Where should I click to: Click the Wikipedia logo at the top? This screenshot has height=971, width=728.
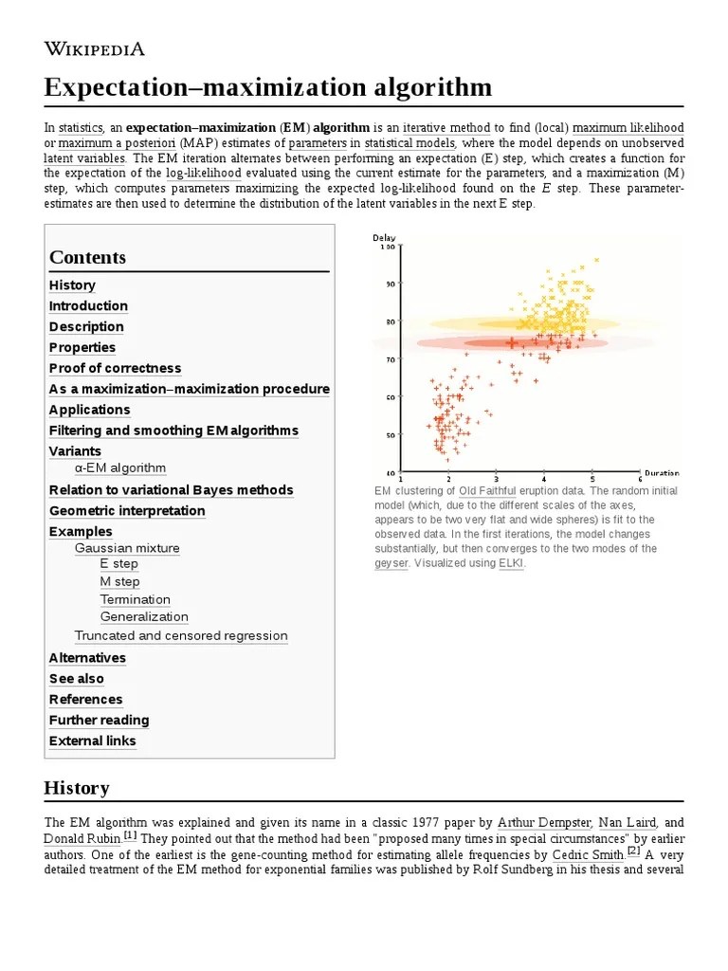pyautogui.click(x=95, y=49)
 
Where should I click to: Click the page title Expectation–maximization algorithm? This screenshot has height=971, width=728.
pyautogui.click(x=268, y=88)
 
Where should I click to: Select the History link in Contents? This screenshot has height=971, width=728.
pyautogui.click(x=72, y=285)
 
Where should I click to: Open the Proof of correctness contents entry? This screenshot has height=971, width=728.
pyautogui.click(x=115, y=368)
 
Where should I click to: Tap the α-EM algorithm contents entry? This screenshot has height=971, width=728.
pyautogui.click(x=120, y=467)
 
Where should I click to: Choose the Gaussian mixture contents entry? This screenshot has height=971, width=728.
pyautogui.click(x=127, y=548)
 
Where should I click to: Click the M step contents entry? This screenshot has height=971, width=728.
pyautogui.click(x=119, y=581)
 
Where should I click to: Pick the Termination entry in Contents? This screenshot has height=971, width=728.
pyautogui.click(x=136, y=599)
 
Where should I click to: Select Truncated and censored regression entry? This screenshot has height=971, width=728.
pyautogui.click(x=181, y=635)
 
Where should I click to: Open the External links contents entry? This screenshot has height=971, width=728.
pyautogui.click(x=92, y=741)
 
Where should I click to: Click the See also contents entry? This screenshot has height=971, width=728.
pyautogui.click(x=77, y=679)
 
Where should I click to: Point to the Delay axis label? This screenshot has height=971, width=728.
pyautogui.click(x=384, y=237)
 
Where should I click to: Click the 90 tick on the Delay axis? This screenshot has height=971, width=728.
pyautogui.click(x=389, y=284)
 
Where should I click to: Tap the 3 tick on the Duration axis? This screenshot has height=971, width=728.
pyautogui.click(x=496, y=480)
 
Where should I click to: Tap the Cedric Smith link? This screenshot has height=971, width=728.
pyautogui.click(x=588, y=853)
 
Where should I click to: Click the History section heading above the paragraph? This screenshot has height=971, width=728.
pyautogui.click(x=77, y=788)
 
